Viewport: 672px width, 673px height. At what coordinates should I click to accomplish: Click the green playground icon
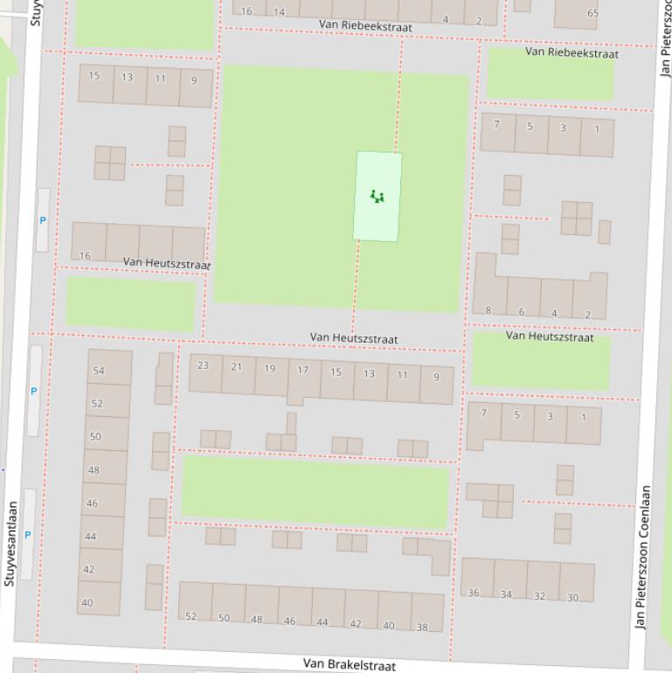click(x=377, y=196)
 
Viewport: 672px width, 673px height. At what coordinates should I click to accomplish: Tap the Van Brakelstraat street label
click(x=349, y=664)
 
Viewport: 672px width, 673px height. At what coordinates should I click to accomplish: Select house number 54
click(x=99, y=371)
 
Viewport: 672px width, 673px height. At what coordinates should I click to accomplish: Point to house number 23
click(x=203, y=365)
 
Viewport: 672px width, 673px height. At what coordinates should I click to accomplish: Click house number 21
click(x=236, y=366)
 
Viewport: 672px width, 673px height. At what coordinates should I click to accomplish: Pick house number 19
click(x=269, y=368)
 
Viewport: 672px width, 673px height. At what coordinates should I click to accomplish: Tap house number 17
click(x=302, y=370)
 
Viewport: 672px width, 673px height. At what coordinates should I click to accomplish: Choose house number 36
click(x=473, y=593)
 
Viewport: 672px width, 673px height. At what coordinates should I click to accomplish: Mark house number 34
click(x=506, y=594)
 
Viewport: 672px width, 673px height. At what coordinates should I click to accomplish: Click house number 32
click(x=539, y=596)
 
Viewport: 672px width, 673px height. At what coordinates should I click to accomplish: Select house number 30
click(x=572, y=598)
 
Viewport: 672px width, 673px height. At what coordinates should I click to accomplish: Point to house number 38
click(x=422, y=627)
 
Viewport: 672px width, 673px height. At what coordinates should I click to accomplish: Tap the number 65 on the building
click(x=592, y=13)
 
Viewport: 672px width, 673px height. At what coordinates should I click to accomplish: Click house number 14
click(x=279, y=12)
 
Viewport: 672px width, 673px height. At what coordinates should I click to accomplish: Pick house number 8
click(x=488, y=310)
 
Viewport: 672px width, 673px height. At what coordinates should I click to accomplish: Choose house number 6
click(x=521, y=312)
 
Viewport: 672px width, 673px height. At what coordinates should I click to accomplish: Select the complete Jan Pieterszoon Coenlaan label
click(x=644, y=557)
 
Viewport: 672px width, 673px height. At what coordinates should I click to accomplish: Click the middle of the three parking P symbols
click(x=34, y=391)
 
